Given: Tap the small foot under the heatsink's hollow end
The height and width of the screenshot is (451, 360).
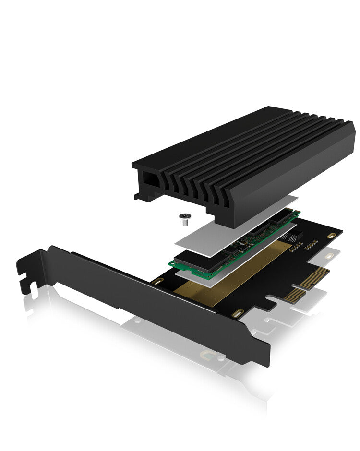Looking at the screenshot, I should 139,195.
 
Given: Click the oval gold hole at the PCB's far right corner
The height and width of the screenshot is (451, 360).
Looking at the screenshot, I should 331,235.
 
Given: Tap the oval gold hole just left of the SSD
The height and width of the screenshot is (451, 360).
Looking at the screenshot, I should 155,282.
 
